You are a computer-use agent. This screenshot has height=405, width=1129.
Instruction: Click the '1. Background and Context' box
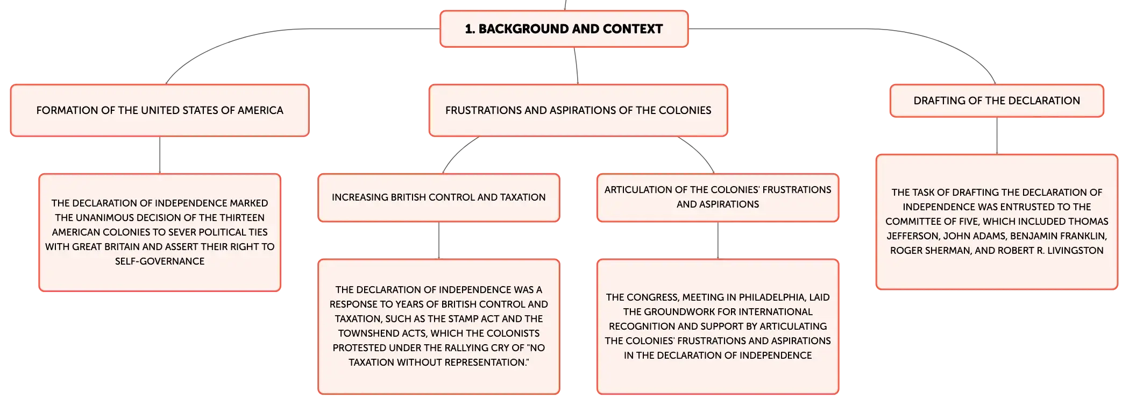pyautogui.click(x=564, y=29)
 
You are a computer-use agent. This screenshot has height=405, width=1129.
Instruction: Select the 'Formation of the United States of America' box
pyautogui.click(x=160, y=110)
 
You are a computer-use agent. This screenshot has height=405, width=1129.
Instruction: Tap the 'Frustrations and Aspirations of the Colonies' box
pyautogui.click(x=578, y=110)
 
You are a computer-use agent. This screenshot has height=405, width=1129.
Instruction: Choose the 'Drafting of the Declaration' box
pyautogui.click(x=997, y=101)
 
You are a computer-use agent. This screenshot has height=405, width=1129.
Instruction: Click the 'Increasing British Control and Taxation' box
pyautogui.click(x=439, y=197)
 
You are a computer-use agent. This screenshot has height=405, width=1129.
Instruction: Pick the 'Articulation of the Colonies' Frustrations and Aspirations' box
pyautogui.click(x=718, y=197)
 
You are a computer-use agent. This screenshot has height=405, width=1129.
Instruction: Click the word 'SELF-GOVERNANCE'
pyautogui.click(x=160, y=261)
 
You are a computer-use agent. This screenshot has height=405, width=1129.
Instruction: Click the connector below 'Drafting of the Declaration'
pyautogui.click(x=997, y=136)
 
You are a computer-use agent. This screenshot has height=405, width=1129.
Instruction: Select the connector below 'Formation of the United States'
pyautogui.click(x=160, y=155)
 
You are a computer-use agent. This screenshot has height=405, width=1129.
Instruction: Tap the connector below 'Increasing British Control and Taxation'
pyautogui.click(x=439, y=240)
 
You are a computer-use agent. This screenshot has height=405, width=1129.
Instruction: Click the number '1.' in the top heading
pyautogui.click(x=470, y=29)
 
